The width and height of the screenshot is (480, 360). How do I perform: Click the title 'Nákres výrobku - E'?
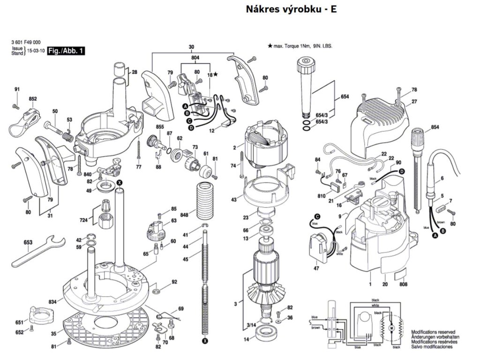coord(291,9)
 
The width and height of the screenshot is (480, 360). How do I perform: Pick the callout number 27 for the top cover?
coord(414,102)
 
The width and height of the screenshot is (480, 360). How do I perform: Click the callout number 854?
coord(435,127)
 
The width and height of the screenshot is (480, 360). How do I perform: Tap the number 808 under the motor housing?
coord(403,284)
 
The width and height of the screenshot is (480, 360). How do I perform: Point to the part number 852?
coord(33,99)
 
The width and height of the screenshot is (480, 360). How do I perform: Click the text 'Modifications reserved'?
coord(434,331)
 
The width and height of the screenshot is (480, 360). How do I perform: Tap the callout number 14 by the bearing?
coord(247,339)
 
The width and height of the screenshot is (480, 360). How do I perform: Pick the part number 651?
coord(19,322)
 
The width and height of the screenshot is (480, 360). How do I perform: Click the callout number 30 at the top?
coord(191,47)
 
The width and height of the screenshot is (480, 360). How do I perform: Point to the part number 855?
coord(160,127)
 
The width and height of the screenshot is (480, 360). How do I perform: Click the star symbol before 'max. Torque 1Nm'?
coord(270,46)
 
